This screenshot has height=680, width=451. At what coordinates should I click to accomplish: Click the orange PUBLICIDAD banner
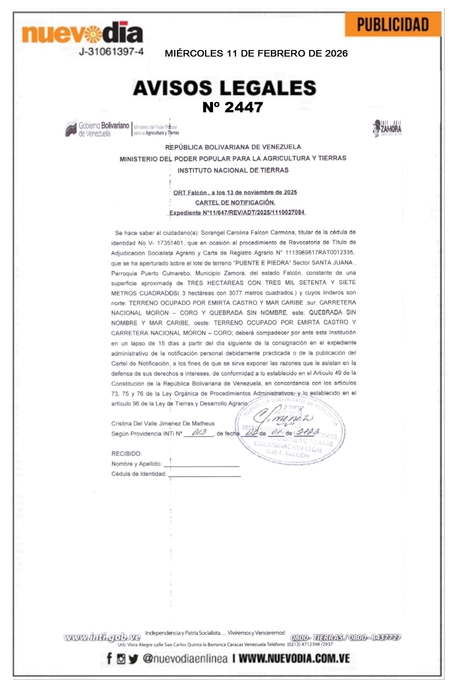[x=393, y=25]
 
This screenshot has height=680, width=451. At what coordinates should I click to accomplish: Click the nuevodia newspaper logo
[x=83, y=33]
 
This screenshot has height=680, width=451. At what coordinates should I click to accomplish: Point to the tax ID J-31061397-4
[x=111, y=52]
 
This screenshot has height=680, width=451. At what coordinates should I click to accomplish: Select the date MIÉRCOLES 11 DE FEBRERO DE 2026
[x=256, y=54]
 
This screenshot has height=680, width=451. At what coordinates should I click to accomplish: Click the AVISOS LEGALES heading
[x=224, y=88]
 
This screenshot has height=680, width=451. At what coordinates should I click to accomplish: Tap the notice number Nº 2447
[x=233, y=107]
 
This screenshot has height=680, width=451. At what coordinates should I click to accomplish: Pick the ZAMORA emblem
[x=387, y=128]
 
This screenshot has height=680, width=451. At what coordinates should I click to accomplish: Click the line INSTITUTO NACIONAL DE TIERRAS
[x=233, y=170]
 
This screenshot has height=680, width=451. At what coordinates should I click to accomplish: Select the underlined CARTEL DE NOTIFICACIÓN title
[x=235, y=202]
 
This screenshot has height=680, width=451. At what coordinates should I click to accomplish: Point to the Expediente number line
[x=237, y=212]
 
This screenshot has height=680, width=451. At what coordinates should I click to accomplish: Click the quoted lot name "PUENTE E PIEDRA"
[x=262, y=263]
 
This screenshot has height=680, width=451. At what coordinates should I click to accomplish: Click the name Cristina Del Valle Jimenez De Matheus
[x=163, y=423]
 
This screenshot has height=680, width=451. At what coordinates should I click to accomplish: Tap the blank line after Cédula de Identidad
[x=204, y=474]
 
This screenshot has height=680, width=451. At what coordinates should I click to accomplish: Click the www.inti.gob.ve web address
[x=102, y=637]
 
